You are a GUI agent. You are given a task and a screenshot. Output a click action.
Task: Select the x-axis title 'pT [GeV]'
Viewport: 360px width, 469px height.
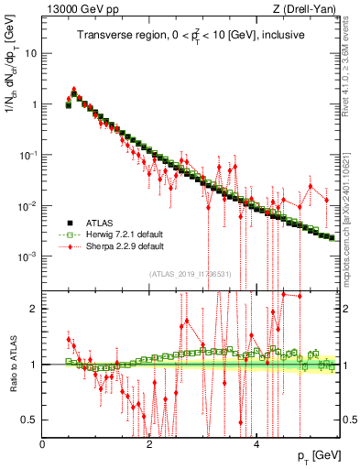click(x=315, y=455)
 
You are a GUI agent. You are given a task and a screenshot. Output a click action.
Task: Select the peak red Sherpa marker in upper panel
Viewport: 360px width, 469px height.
click(x=74, y=91)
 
